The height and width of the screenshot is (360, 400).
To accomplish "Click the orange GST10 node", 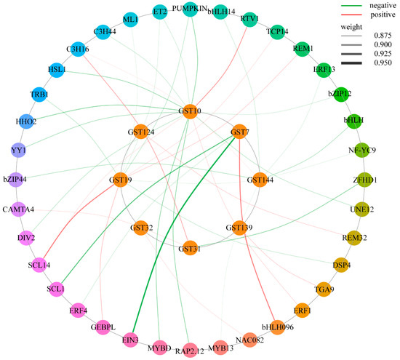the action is point(191,111).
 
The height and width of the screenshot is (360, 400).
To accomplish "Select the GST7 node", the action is point(239,132).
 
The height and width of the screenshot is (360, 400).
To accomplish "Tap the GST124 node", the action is point(141,132).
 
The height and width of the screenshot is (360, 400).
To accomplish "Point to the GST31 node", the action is point(190,248).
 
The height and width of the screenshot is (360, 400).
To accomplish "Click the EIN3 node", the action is point(131,340).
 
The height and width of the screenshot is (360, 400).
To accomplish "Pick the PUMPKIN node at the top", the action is point(190,9).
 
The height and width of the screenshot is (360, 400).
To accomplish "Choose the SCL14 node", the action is point(39,265).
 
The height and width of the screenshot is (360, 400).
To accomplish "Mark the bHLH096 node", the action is point(277,327).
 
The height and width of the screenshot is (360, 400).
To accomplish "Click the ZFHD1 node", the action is point(364,180).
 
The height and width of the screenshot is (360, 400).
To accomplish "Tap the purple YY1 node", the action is point(19,150).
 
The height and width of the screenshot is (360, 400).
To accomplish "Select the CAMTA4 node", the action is point(19,209).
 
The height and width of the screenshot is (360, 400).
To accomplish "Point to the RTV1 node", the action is point(249,19).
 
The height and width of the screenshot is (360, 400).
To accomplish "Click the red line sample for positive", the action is point(351,15).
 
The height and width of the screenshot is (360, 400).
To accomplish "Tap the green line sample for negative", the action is point(351,6).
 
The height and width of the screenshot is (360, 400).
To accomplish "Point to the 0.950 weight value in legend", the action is point(383,63).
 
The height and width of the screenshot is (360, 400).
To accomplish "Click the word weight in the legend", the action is point(351,27).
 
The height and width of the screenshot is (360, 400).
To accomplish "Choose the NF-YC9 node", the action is point(362,150).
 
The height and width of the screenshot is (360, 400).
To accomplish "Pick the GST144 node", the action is point(260,180).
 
